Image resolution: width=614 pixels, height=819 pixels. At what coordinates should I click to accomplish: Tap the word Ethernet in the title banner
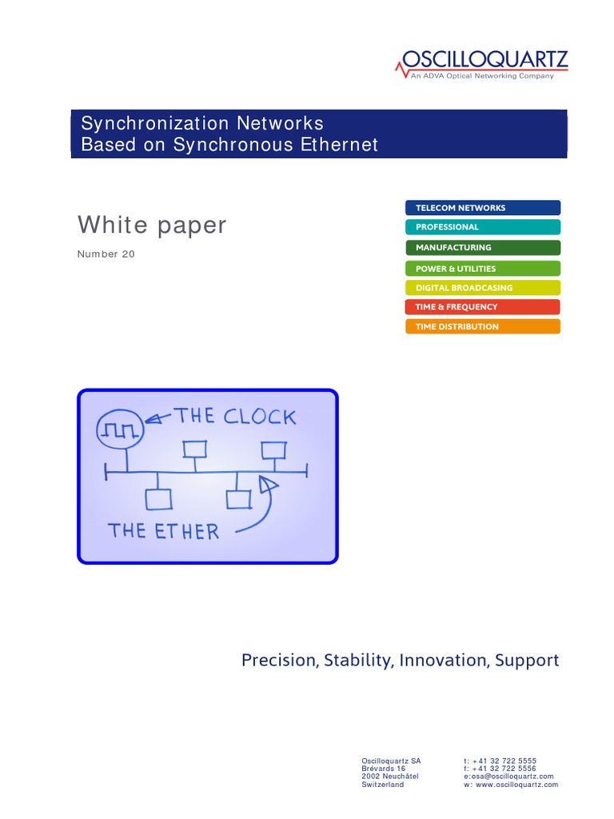coord(337,145)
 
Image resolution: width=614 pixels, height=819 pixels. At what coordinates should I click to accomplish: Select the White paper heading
coord(152,226)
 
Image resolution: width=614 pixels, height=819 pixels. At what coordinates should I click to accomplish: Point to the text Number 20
coord(106,254)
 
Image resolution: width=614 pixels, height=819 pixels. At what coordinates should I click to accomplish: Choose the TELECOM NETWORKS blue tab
coord(483,208)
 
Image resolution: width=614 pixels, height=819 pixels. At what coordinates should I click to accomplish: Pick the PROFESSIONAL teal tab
coord(483,227)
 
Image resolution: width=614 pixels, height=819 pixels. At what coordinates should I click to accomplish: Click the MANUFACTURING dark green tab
coord(483,247)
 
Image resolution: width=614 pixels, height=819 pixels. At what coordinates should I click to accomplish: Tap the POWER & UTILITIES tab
coord(483,269)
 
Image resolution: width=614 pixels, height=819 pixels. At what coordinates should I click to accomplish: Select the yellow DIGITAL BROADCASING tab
coord(483,288)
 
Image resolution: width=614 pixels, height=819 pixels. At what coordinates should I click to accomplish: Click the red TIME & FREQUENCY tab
coord(483,307)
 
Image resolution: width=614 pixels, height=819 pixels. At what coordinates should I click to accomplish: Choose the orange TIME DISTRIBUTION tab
coord(483,326)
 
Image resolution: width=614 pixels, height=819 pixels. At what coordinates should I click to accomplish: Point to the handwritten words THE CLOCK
coord(236,417)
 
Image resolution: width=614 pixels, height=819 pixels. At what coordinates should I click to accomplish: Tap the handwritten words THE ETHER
coord(163,530)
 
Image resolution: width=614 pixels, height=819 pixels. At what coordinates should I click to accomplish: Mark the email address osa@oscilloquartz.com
coord(512,777)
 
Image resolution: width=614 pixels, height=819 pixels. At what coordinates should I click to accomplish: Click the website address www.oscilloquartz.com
coord(517,785)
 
